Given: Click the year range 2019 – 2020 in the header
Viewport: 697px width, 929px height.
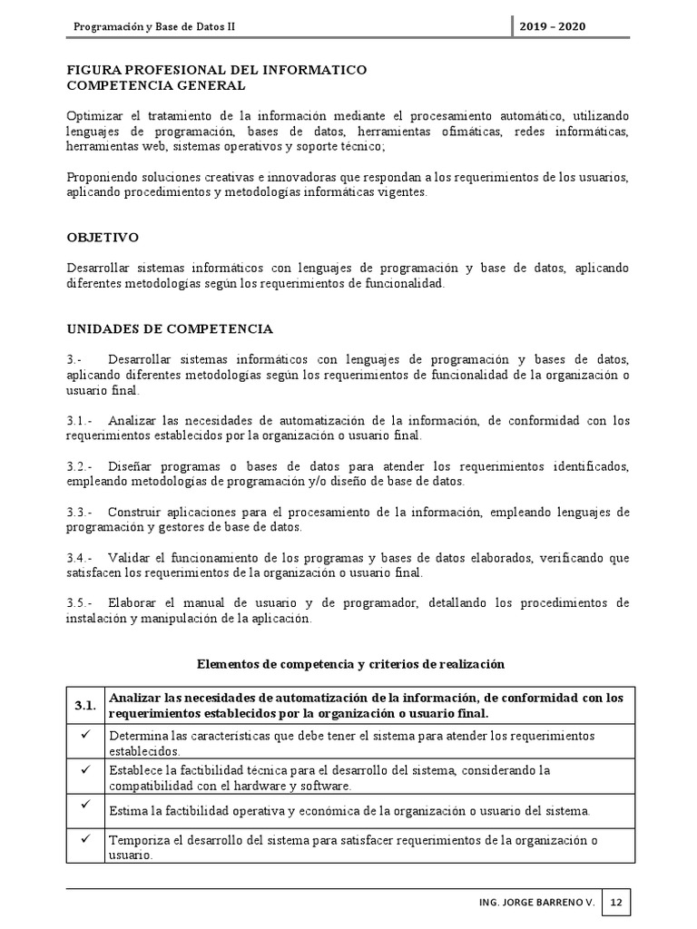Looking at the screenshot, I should (553, 26).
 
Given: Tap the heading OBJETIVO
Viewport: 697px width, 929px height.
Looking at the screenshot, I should (103, 238).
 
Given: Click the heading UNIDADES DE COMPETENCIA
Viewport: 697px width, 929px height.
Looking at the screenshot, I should (170, 328).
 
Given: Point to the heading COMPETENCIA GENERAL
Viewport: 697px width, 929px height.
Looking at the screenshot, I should (156, 85).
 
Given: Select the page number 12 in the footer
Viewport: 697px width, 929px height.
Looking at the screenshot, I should (616, 903).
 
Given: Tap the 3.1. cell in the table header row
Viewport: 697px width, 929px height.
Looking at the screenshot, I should (85, 705).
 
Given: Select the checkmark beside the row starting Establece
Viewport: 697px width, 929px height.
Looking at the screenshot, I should (85, 768).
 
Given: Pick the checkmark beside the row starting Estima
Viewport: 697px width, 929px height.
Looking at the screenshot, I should (85, 804).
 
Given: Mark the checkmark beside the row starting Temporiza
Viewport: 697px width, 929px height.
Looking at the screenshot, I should (85, 838).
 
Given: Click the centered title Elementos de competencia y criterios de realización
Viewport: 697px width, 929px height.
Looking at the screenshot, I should (350, 664).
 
